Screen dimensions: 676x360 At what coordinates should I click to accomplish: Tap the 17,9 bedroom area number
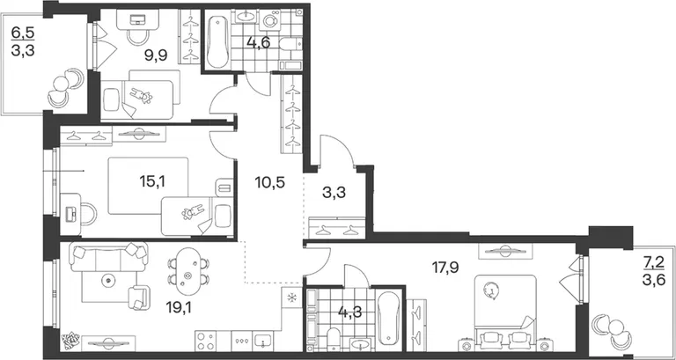coord(445,268)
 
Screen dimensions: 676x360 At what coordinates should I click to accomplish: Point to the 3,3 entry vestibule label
coord(334,193)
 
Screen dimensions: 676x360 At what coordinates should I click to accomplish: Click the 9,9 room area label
coord(155,55)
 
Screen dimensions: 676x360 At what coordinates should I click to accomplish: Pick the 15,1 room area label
coord(152,181)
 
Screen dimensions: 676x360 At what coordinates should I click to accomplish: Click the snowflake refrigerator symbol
coord(292,298)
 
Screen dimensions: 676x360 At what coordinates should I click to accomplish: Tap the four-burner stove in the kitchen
coord(206,341)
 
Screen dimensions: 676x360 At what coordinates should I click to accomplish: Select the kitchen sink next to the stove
coord(261,341)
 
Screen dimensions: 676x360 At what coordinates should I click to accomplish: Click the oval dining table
coord(187,270)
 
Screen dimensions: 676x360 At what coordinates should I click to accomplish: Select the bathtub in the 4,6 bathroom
coord(216,40)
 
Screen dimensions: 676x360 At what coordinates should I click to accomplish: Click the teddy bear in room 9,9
coord(142,96)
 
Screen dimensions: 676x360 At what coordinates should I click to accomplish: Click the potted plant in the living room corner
coord(69,342)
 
